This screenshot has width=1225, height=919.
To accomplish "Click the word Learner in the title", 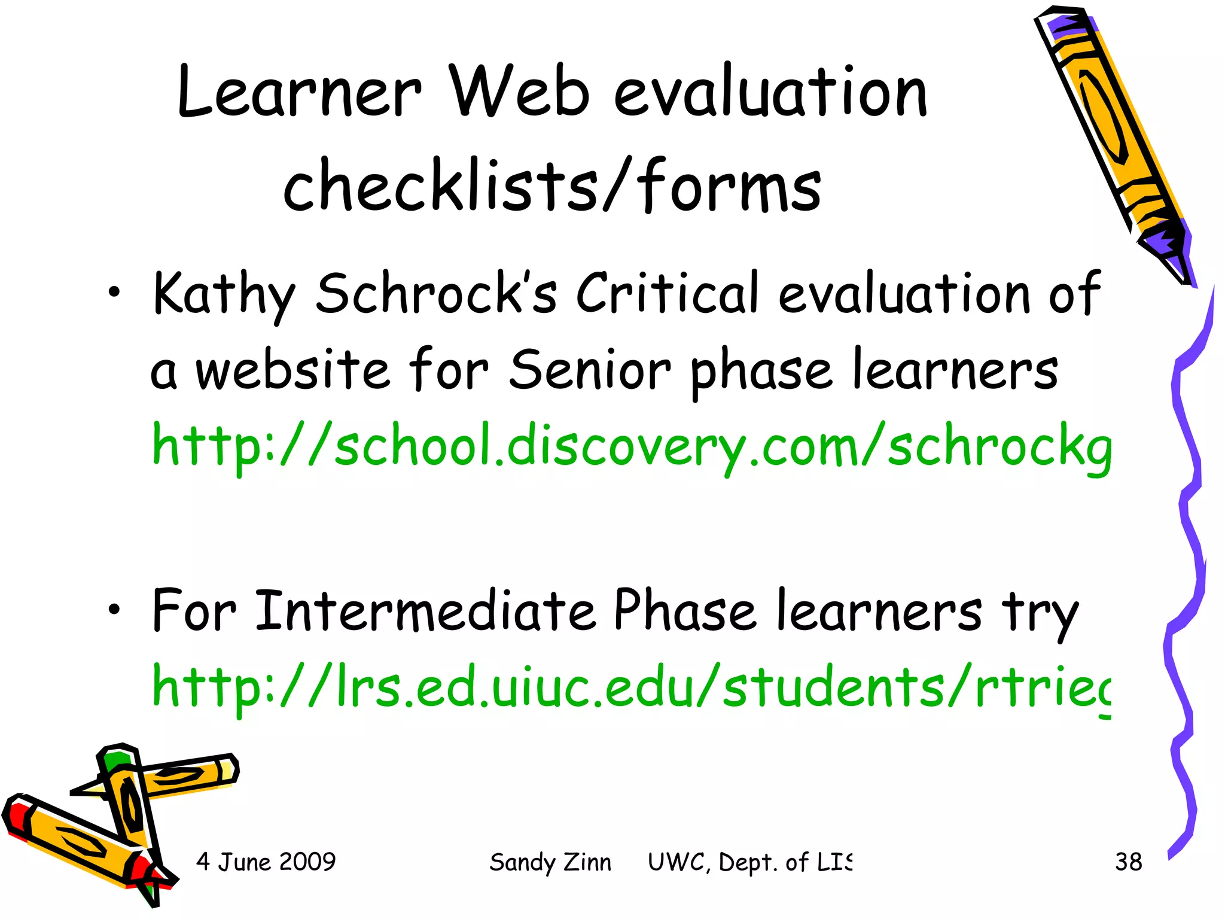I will (x=299, y=93).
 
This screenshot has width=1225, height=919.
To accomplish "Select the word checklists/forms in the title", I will (x=552, y=185).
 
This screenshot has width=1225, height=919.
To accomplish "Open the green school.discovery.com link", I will (x=631, y=446).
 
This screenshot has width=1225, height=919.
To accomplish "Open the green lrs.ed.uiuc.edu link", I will (x=631, y=687).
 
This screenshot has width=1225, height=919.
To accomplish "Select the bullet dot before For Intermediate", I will (x=114, y=610).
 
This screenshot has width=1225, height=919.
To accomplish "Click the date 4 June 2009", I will (x=266, y=862).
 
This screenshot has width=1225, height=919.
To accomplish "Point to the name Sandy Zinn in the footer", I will (x=550, y=862).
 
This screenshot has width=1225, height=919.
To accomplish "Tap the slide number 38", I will (x=1128, y=862).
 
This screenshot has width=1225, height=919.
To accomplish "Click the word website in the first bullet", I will (x=293, y=371).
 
